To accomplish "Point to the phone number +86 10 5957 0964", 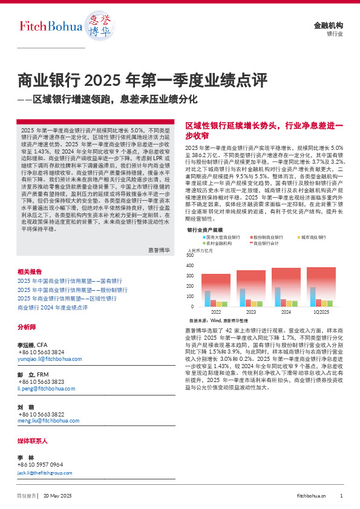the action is click(41, 464).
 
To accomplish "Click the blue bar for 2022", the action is click(208, 299).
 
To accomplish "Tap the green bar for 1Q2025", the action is click(330, 303).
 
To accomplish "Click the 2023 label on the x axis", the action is click(251, 312).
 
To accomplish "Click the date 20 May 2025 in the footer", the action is click(58, 496).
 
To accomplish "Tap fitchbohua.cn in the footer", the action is click(312, 496).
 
